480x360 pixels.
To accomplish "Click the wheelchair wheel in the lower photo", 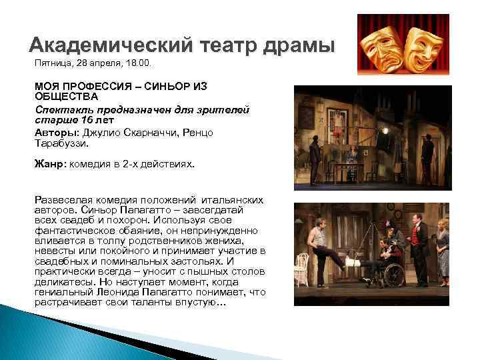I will pyautogui.click(x=394, y=273).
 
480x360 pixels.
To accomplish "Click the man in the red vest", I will pyautogui.click(x=419, y=243).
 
